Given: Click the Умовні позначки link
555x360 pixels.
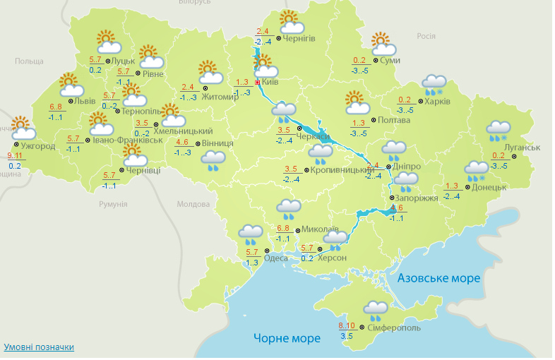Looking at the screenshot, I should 39,347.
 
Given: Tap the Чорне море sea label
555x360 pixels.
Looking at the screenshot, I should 287,338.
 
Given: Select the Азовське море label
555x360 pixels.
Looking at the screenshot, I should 438,278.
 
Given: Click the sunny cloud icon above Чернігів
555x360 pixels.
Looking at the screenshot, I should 290,22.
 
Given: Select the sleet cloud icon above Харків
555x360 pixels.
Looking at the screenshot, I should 434,85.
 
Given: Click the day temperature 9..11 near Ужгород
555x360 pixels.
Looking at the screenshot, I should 14,155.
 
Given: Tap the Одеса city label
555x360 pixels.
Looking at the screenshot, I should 275,258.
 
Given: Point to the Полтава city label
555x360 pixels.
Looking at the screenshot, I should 394,121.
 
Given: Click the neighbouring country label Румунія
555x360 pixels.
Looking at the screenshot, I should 113,204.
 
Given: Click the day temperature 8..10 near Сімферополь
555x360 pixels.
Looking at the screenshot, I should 347,325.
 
